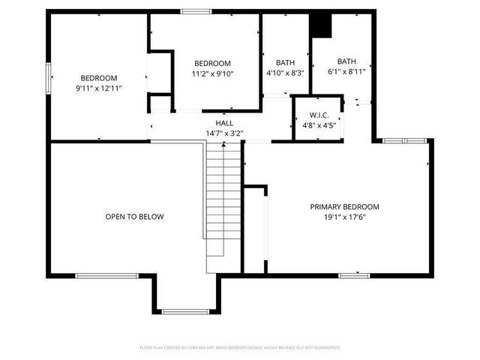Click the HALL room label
224,123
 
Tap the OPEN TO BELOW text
134,217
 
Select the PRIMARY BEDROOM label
345,207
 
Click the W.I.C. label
319,115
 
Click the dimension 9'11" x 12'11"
99,88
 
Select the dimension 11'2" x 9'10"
213,73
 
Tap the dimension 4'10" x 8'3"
285,73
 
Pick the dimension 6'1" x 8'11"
346,72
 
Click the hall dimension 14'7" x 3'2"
224,133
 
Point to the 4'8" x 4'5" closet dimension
319,125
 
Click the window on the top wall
196,11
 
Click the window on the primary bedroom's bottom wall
354,275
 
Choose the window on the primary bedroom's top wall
405,140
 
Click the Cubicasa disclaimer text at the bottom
240,348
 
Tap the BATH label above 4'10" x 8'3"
285,63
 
